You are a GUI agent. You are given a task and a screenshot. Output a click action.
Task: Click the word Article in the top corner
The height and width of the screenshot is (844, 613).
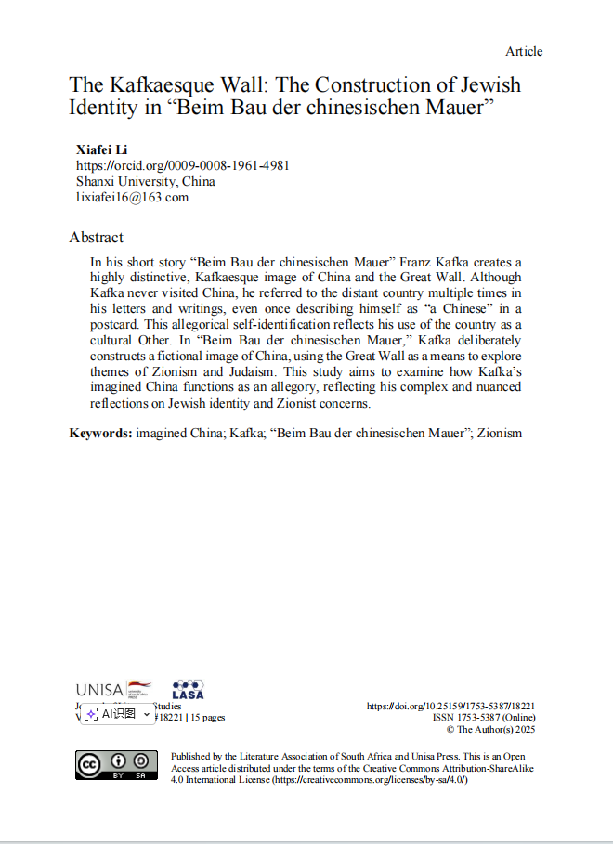524,51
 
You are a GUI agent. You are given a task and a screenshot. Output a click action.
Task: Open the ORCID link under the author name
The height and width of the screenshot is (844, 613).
182,165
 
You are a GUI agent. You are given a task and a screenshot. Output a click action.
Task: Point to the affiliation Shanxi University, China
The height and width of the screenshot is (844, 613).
145,181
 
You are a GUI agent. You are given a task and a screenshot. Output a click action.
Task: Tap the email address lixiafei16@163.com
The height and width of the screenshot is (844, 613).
132,197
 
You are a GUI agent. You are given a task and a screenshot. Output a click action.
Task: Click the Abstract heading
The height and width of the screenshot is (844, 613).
96,237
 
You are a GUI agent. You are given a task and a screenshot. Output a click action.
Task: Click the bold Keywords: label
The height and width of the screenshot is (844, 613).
100,433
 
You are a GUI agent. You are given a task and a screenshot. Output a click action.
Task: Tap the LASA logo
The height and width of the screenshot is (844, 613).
189,689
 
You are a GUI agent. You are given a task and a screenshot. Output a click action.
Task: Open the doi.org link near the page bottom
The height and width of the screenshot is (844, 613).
450,706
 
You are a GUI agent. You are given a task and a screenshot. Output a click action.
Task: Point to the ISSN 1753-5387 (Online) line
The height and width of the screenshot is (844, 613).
483,717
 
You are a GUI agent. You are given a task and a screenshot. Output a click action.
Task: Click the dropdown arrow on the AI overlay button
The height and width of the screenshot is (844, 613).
147,714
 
